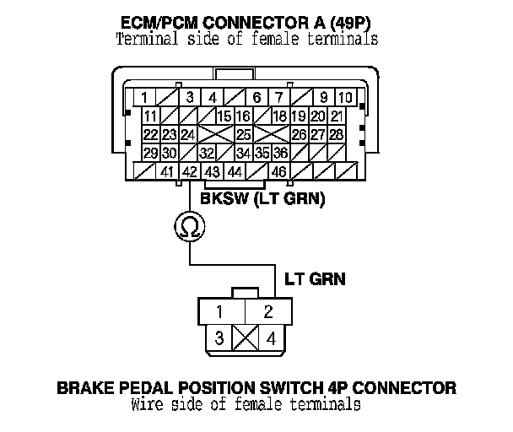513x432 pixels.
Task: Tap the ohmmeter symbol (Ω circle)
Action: (190, 225)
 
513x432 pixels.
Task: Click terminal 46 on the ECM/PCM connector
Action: (279, 171)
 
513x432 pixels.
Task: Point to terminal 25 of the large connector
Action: (243, 135)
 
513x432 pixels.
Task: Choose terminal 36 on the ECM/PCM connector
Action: (280, 153)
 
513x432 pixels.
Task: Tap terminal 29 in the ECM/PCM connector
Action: (151, 153)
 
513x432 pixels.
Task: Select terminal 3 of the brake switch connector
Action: (219, 338)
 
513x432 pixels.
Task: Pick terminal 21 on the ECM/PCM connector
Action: (336, 116)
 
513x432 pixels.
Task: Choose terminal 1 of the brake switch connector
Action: (219, 312)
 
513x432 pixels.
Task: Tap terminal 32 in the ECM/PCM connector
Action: (207, 153)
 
